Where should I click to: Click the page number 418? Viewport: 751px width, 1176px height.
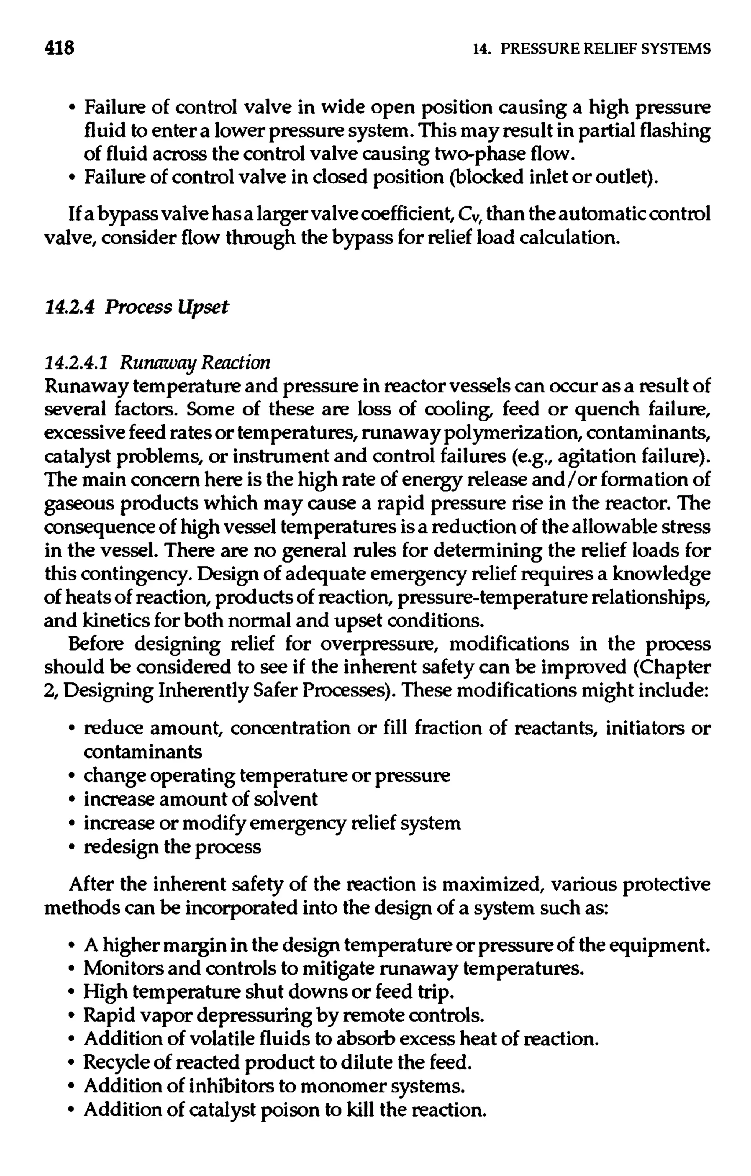tap(59, 48)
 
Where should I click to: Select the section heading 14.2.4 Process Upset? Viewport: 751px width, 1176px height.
tap(136, 307)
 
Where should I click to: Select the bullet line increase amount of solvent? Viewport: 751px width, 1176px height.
tap(200, 799)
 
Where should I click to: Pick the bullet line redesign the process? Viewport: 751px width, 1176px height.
tap(172, 846)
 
